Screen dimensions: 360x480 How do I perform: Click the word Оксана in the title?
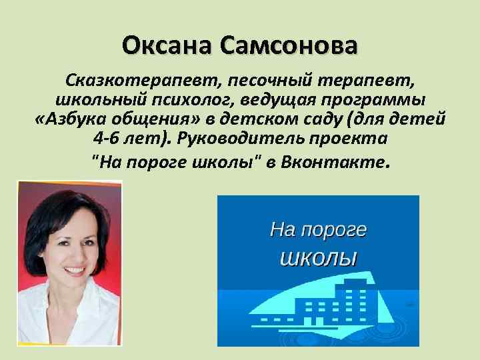(166, 47)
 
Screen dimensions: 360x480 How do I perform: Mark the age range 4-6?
(109, 141)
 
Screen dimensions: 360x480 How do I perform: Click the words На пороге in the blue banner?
(318, 230)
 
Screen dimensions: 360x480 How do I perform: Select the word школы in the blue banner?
(317, 257)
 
